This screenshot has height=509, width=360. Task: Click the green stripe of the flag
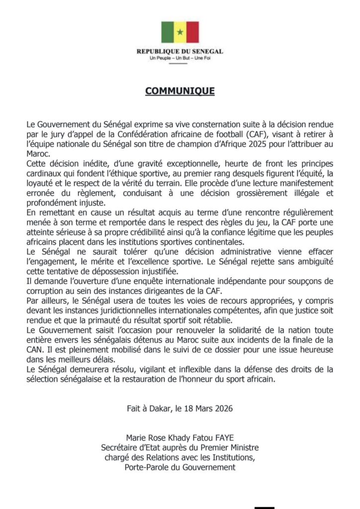167,32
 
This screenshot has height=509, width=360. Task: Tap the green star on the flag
180,33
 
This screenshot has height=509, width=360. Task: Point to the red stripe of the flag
192,32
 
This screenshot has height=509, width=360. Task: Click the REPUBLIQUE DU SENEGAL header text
180,52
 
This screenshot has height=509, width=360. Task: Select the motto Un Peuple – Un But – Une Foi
180,59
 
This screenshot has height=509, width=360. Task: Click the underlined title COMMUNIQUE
180,91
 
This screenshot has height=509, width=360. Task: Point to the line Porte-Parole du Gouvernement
180,467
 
